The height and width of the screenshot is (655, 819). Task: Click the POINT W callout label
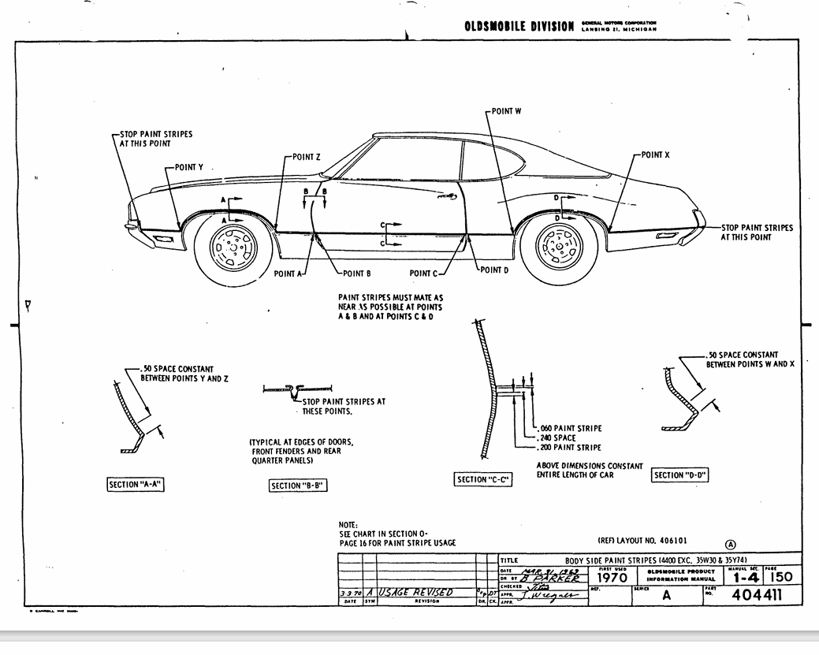pyautogui.click(x=506, y=111)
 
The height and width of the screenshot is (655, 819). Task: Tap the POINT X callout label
pyautogui.click(x=655, y=155)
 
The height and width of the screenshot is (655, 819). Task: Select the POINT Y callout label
pyautogui.click(x=189, y=168)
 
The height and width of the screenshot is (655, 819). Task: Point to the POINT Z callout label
pyautogui.click(x=307, y=157)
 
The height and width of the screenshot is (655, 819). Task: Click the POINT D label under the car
pyautogui.click(x=495, y=270)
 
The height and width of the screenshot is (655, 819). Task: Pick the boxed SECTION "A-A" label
pyautogui.click(x=136, y=485)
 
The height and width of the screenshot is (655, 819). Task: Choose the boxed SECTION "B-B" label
pyautogui.click(x=298, y=486)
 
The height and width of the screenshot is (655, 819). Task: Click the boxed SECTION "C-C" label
pyautogui.click(x=483, y=479)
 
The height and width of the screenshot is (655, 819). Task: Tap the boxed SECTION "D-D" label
pyautogui.click(x=680, y=475)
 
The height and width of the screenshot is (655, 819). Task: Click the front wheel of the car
pyautogui.click(x=233, y=248)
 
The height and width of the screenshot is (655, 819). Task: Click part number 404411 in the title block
pyautogui.click(x=757, y=595)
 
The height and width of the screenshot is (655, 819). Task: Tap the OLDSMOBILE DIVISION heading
pyautogui.click(x=519, y=27)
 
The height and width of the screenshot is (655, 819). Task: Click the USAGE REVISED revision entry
pyautogui.click(x=416, y=593)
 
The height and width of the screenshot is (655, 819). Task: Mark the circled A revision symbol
pyautogui.click(x=731, y=543)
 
